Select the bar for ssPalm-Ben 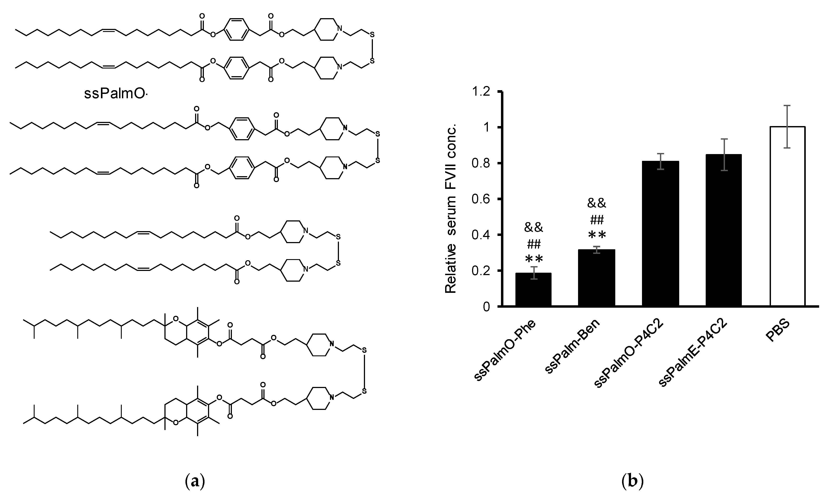click(596, 278)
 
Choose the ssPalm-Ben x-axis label click(572, 347)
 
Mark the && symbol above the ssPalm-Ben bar click(596, 203)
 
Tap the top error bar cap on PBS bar click(787, 105)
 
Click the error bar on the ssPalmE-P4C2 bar click(724, 154)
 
